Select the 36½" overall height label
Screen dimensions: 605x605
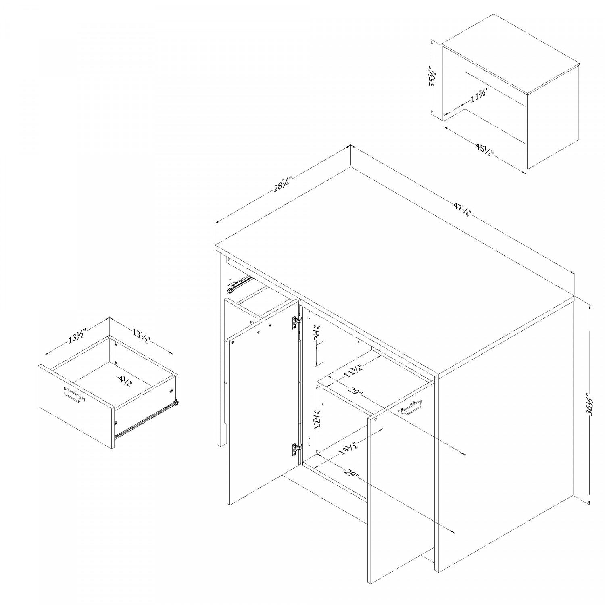tap(590, 403)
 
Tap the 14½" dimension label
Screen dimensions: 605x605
tap(348, 448)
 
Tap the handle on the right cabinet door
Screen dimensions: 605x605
tap(411, 407)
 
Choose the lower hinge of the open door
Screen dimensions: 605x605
tap(296, 449)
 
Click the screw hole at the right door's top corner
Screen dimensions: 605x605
tap(376, 420)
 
